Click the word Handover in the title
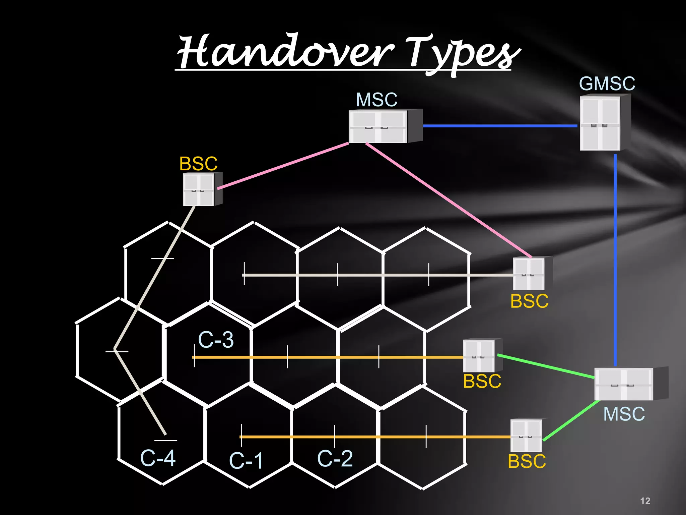pyautogui.click(x=285, y=52)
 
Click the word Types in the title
pyautogui.click(x=462, y=54)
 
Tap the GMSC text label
pyautogui.click(x=607, y=84)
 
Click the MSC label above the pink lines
pyautogui.click(x=376, y=100)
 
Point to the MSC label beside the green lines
pyautogui.click(x=624, y=414)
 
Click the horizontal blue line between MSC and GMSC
pyautogui.click(x=499, y=126)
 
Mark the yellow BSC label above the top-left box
pyautogui.click(x=198, y=164)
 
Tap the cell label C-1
pyautogui.click(x=246, y=461)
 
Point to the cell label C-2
pyautogui.click(x=335, y=459)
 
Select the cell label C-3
pyautogui.click(x=216, y=340)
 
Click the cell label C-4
pyautogui.click(x=158, y=458)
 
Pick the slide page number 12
pyautogui.click(x=645, y=501)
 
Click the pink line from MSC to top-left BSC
pyautogui.click(x=283, y=166)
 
